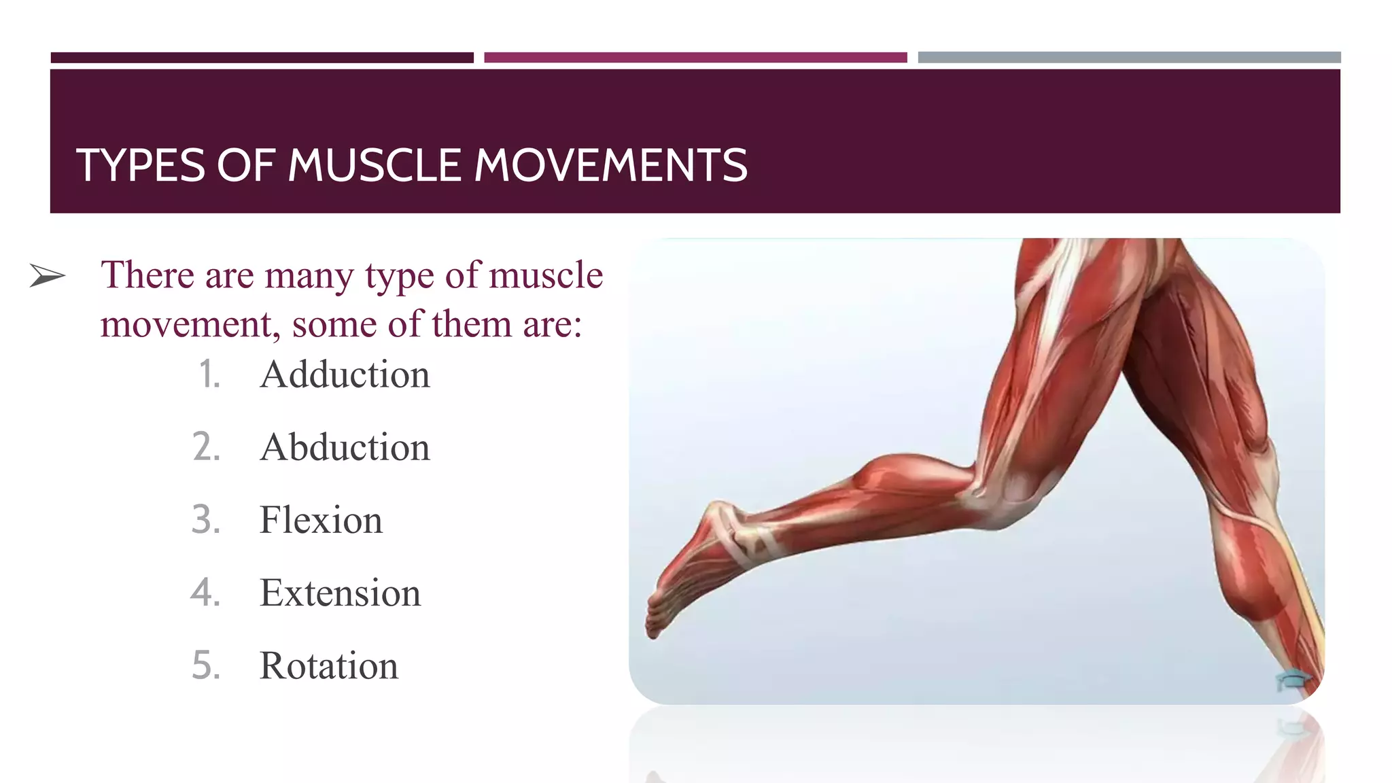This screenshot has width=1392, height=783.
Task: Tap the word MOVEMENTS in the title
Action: [610, 165]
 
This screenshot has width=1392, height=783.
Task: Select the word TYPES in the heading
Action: [141, 165]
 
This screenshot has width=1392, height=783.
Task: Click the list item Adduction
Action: [345, 375]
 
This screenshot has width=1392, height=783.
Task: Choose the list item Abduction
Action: [345, 447]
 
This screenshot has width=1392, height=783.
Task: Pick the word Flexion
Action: [321, 520]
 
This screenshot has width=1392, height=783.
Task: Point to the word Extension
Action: [340, 593]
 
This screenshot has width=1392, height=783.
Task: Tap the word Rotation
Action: [329, 665]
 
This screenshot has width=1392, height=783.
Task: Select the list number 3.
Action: [206, 520]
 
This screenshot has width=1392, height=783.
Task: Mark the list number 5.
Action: [206, 665]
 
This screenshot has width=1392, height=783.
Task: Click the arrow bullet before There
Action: [48, 276]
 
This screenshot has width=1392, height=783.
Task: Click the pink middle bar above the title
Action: [695, 58]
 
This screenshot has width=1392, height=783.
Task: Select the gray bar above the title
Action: [1129, 58]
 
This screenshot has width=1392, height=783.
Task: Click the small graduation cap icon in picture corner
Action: [1292, 680]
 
